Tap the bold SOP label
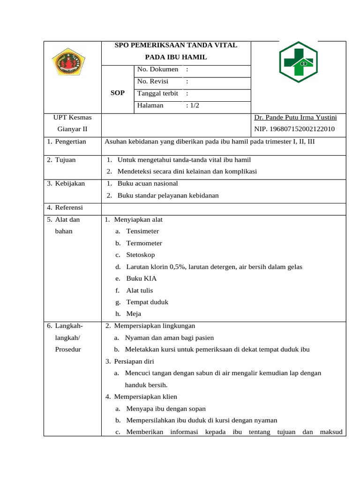pyautogui.click(x=117, y=93)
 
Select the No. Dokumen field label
pyautogui.click(x=157, y=69)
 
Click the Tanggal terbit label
pyautogui.click(x=157, y=93)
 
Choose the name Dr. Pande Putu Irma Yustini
pyautogui.click(x=295, y=117)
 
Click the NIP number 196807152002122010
pyautogui.click(x=294, y=129)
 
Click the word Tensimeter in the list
pyautogui.click(x=142, y=231)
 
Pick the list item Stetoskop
pyautogui.click(x=140, y=255)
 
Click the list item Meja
pyautogui.click(x=134, y=314)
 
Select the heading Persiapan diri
pyautogui.click(x=134, y=361)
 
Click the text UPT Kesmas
pyautogui.click(x=72, y=117)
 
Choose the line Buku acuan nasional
pyautogui.click(x=148, y=183)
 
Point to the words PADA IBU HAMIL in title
pyautogui.click(x=176, y=57)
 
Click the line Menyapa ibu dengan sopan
pyautogui.click(x=166, y=409)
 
